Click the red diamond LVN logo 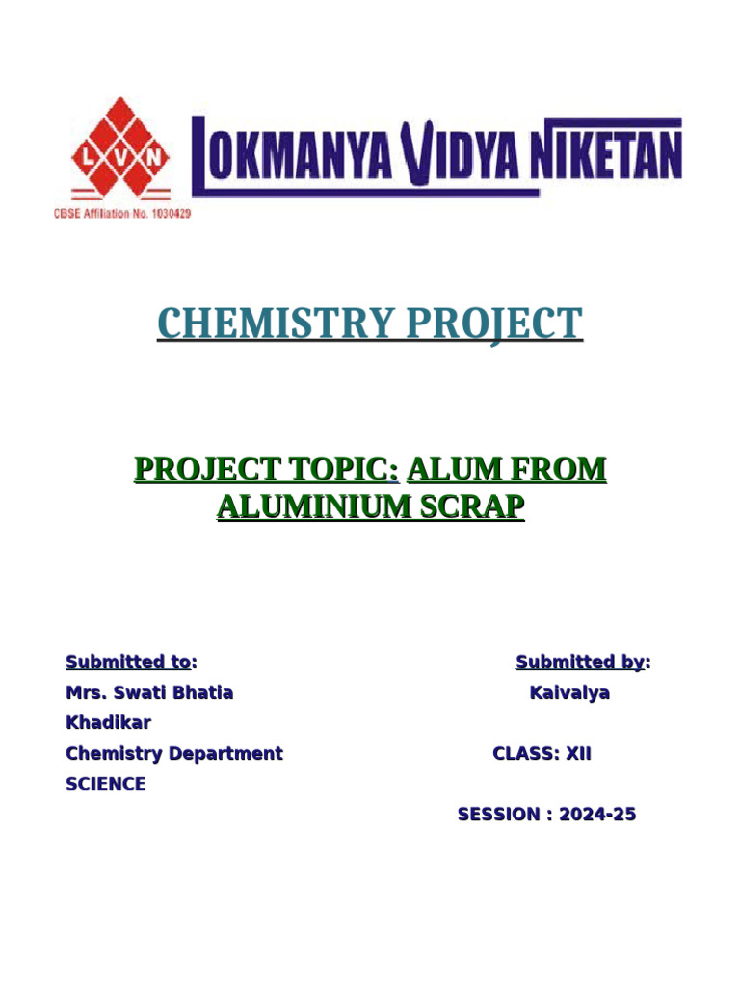pyautogui.click(x=119, y=154)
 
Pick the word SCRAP pyautogui.click(x=472, y=506)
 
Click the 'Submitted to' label pyautogui.click(x=129, y=662)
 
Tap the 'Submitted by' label pyautogui.click(x=581, y=662)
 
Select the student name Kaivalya pyautogui.click(x=569, y=692)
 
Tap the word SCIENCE pyautogui.click(x=106, y=784)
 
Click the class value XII pyautogui.click(x=578, y=753)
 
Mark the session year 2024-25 pyautogui.click(x=597, y=815)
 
